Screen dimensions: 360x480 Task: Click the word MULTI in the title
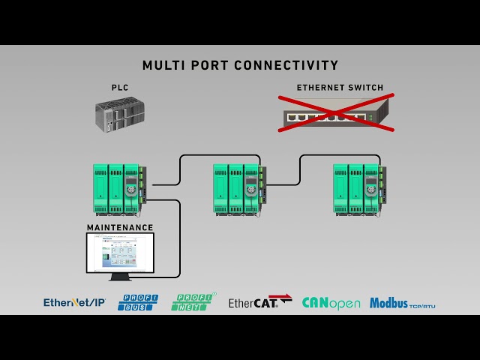(x=160, y=66)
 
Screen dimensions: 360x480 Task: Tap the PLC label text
(x=120, y=88)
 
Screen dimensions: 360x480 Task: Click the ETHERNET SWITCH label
(x=340, y=88)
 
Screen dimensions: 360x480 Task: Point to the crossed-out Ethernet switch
(x=335, y=114)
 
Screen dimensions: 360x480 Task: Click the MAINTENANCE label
(x=120, y=227)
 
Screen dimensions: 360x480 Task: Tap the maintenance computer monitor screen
(x=119, y=253)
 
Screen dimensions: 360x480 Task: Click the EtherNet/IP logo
(x=74, y=302)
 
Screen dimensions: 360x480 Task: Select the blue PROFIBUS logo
(x=138, y=302)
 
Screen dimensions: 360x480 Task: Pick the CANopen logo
(x=331, y=303)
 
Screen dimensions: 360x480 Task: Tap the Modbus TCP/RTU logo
(x=402, y=303)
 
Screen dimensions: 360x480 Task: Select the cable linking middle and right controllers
(x=301, y=166)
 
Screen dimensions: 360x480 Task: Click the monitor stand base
(x=119, y=278)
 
